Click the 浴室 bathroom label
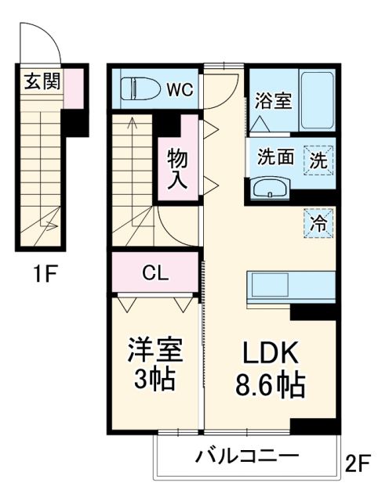(273, 102)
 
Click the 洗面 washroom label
(276, 157)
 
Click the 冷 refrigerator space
(319, 222)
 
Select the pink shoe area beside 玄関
(73, 88)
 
